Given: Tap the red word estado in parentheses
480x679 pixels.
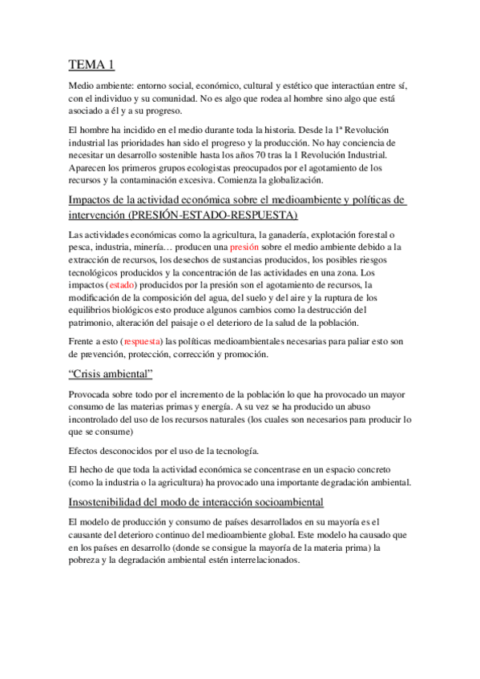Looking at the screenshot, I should [123, 284].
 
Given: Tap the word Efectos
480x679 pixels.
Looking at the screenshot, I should [87, 449].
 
